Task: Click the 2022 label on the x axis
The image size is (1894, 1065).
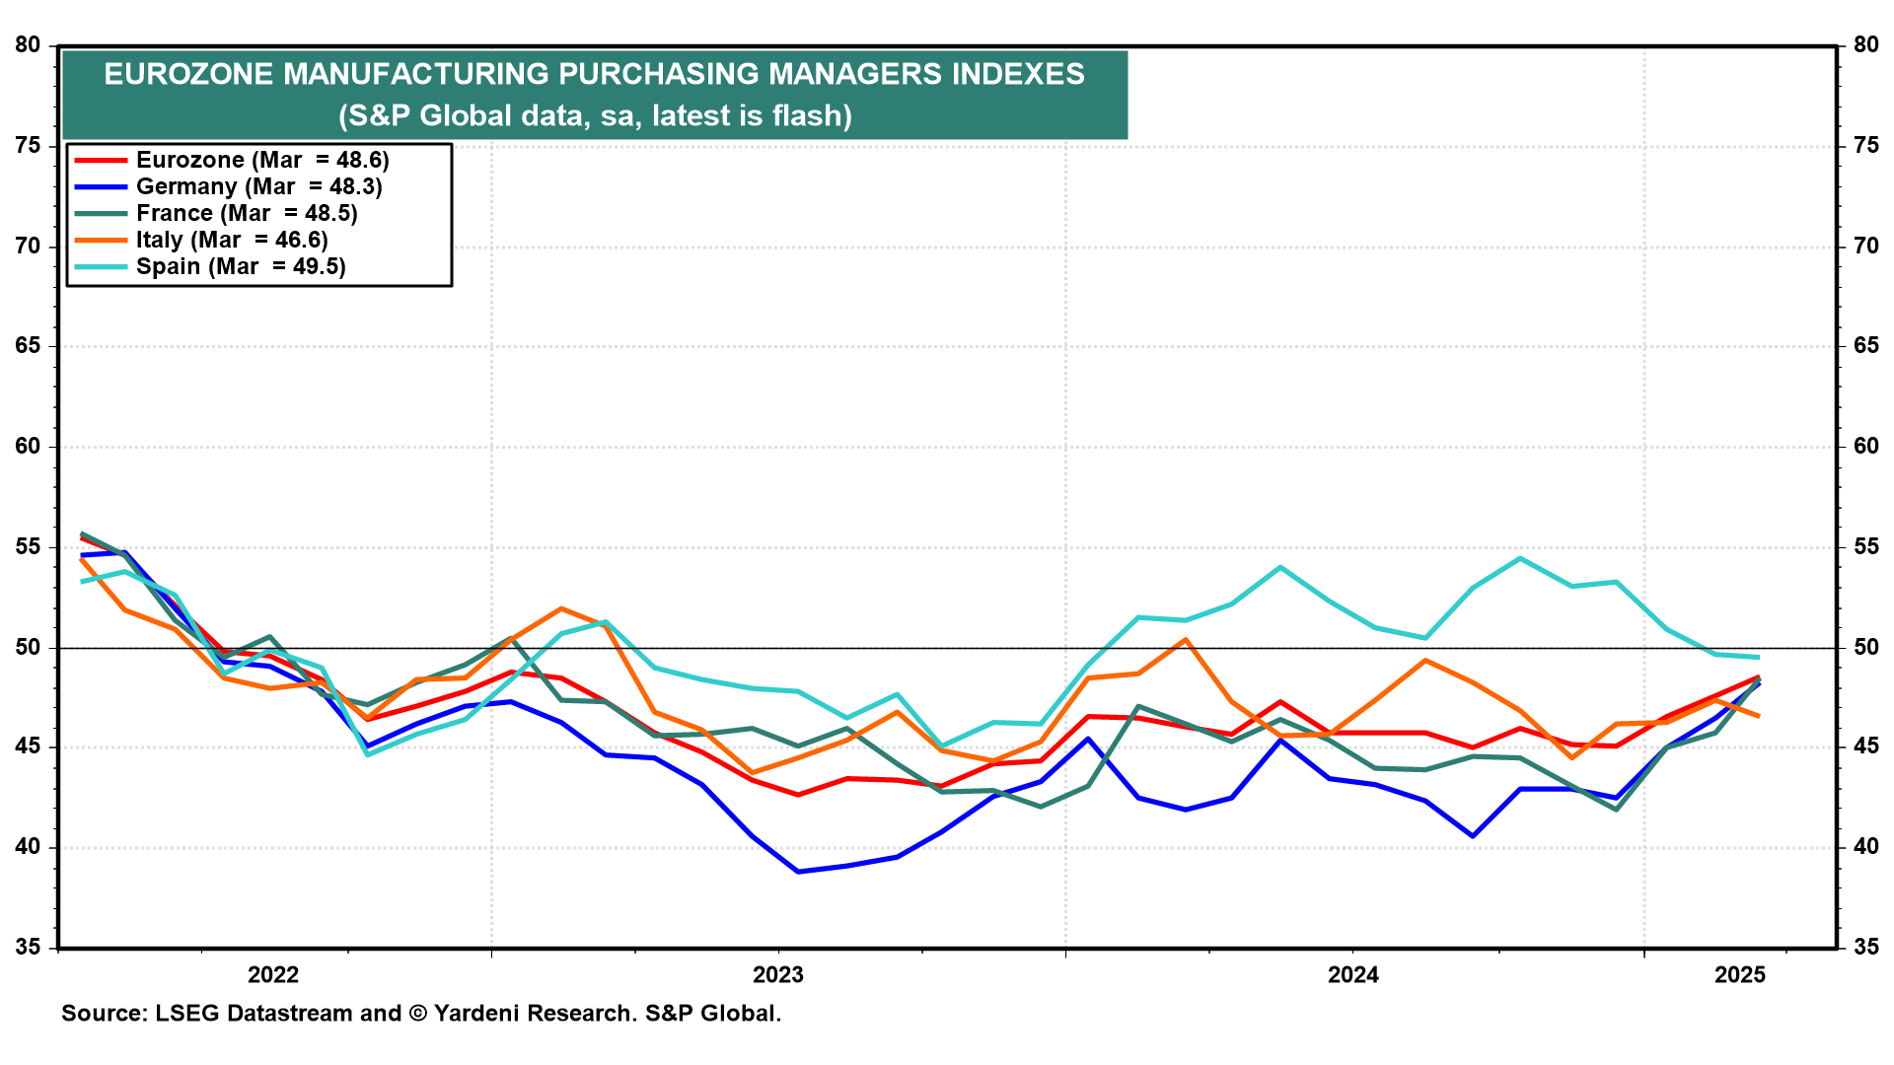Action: pyautogui.click(x=273, y=975)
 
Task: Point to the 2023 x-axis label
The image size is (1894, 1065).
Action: pyautogui.click(x=778, y=975)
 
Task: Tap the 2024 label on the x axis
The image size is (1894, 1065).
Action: pyautogui.click(x=1353, y=975)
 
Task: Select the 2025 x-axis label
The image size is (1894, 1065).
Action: pyautogui.click(x=1740, y=975)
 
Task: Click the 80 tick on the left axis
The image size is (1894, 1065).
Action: pyautogui.click(x=28, y=45)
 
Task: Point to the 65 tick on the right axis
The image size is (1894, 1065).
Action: pyautogui.click(x=1866, y=346)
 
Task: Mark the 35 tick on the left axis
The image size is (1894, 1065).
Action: pyautogui.click(x=28, y=948)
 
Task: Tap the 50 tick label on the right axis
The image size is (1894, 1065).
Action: pyautogui.click(x=1866, y=648)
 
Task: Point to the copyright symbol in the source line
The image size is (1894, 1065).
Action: pyautogui.click(x=417, y=1014)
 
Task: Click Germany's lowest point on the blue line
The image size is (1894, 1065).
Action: pyautogui.click(x=798, y=872)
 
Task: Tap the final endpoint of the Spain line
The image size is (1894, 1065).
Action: pyautogui.click(x=1759, y=657)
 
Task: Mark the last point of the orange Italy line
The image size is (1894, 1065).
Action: pyautogui.click(x=1759, y=716)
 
